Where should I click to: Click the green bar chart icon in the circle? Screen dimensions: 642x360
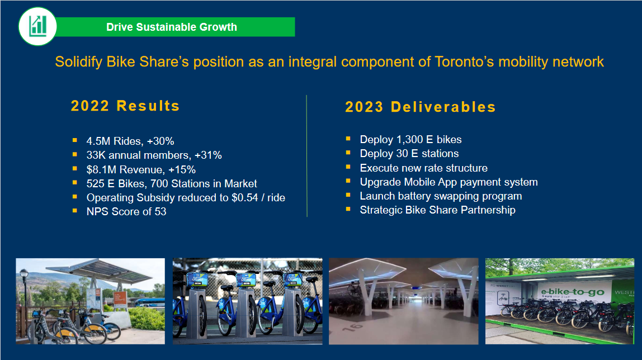point(37,26)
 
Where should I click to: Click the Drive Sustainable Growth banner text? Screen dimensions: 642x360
point(172,27)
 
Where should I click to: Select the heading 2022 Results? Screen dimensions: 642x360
point(125,106)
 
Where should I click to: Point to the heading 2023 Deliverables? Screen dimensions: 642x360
point(421,107)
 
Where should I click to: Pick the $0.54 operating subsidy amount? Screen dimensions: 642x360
point(245,197)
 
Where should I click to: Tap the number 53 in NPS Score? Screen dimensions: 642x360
point(160,211)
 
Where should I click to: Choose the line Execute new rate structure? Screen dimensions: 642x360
point(424,168)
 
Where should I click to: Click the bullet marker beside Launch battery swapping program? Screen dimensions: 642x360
point(348,195)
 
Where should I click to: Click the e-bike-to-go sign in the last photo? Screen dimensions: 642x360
point(573,292)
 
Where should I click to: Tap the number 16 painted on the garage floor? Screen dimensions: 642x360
point(353,326)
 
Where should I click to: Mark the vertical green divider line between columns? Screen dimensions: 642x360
point(306,156)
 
